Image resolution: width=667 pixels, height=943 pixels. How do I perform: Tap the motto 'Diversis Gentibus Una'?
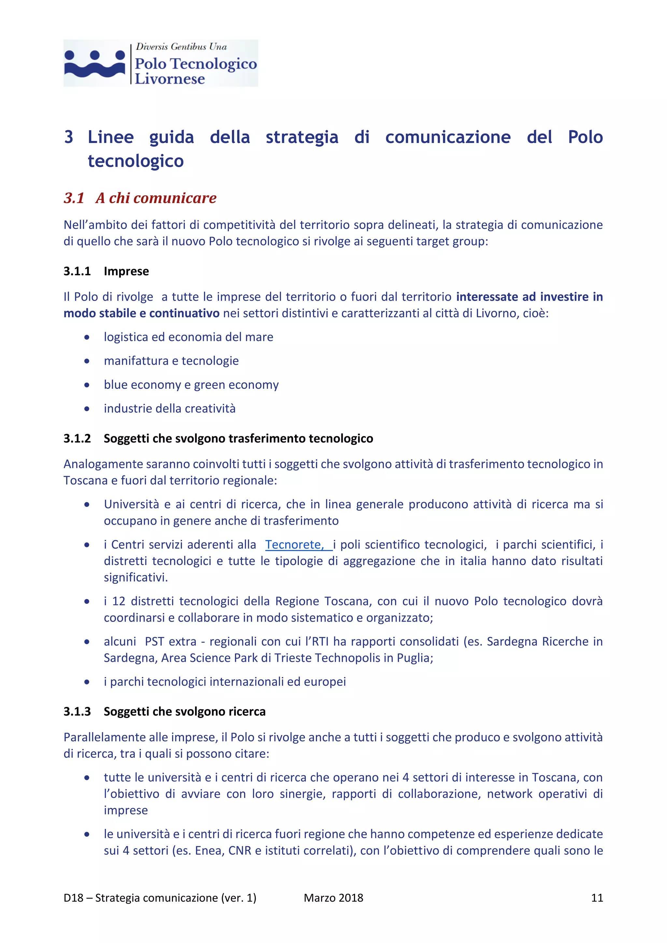pyautogui.click(x=181, y=47)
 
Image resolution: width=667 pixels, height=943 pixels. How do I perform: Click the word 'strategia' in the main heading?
pyautogui.click(x=302, y=137)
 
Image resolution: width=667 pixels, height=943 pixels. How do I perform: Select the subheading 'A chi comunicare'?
pyautogui.click(x=156, y=198)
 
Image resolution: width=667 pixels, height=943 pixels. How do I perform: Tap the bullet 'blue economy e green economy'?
pyautogui.click(x=191, y=385)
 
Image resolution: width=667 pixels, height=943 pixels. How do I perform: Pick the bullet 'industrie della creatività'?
pyautogui.click(x=169, y=409)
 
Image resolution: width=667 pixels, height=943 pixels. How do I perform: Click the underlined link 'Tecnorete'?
pyautogui.click(x=294, y=545)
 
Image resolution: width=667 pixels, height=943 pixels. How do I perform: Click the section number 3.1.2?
pyautogui.click(x=77, y=439)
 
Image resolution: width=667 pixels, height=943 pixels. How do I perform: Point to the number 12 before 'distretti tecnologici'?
pyautogui.click(x=118, y=601)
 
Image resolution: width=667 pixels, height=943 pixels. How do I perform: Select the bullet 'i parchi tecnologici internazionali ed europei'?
pyautogui.click(x=225, y=682)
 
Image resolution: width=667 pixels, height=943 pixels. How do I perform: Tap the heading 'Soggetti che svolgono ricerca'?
pyautogui.click(x=184, y=712)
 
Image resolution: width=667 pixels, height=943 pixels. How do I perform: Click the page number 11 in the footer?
pyautogui.click(x=597, y=898)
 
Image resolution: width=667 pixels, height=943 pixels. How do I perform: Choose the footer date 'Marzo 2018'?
pyautogui.click(x=333, y=898)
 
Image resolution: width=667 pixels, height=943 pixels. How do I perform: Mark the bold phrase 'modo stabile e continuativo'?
pyautogui.click(x=141, y=313)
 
